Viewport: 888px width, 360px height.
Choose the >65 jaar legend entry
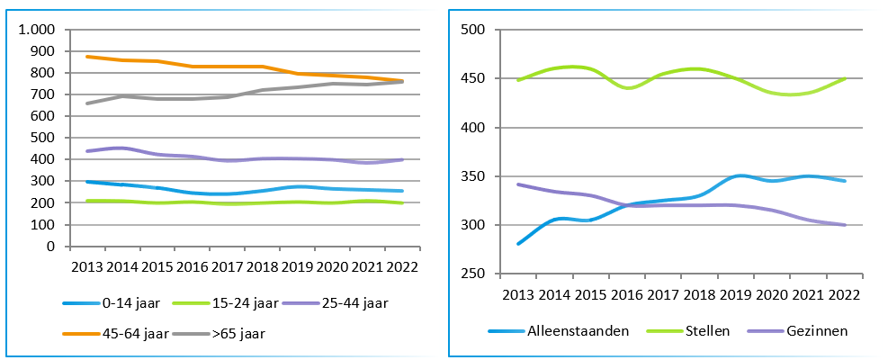pyautogui.click(x=226, y=332)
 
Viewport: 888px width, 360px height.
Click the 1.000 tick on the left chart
pyautogui.click(x=37, y=30)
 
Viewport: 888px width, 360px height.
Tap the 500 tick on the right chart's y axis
pyautogui.click(x=473, y=30)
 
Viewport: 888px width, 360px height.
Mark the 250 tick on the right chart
pyautogui.click(x=473, y=274)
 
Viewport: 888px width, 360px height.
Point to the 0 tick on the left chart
pyautogui.click(x=50, y=247)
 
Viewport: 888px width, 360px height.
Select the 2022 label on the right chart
pyautogui.click(x=845, y=295)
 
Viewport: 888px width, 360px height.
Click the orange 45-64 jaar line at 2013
pyautogui.click(x=86, y=57)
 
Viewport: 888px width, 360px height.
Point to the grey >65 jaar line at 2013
pyautogui.click(x=86, y=103)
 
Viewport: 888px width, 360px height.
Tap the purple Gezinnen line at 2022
pyautogui.click(x=845, y=225)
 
